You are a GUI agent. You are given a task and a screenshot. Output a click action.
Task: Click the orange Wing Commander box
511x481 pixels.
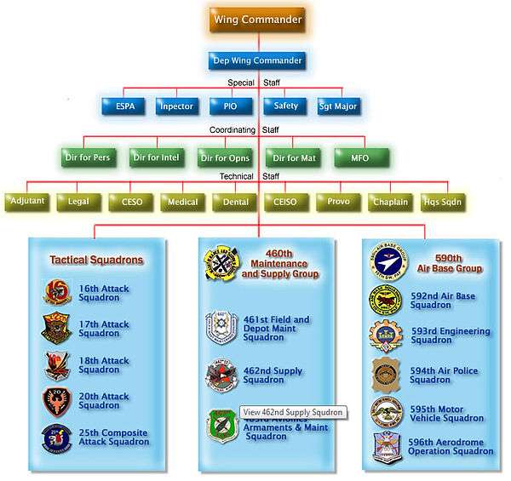256,19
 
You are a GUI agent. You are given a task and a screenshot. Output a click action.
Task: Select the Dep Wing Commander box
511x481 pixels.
256,61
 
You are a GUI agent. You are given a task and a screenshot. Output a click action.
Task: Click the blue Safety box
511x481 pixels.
284,106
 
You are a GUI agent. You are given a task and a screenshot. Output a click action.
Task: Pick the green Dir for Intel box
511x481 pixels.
158,157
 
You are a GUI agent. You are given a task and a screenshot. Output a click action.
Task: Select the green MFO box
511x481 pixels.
360,157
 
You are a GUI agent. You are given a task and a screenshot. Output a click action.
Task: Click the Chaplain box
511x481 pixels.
392,203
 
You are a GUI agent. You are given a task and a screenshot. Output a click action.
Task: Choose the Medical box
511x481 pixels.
182,203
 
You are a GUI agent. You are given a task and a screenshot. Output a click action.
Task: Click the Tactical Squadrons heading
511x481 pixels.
95,260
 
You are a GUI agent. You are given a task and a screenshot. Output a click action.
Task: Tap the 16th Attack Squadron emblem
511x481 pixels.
56,292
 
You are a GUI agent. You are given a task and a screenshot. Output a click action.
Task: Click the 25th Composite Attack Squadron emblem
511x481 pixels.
56,437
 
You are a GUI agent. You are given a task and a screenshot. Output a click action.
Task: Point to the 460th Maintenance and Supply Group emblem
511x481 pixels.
219,265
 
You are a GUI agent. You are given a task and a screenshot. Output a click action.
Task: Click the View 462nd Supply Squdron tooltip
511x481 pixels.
293,412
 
